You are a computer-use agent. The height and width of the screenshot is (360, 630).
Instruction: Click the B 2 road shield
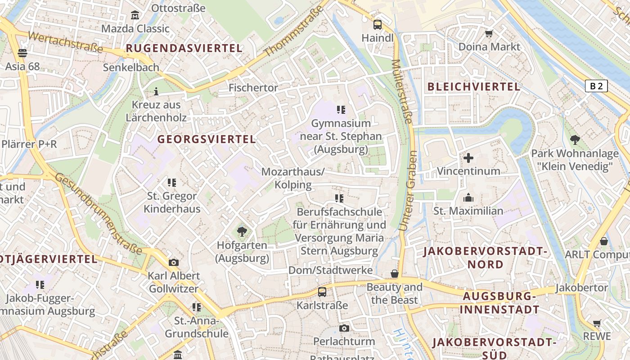[596, 86]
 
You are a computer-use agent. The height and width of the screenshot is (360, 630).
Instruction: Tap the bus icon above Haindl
[378, 25]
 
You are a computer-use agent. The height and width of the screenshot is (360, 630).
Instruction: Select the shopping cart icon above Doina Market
[489, 33]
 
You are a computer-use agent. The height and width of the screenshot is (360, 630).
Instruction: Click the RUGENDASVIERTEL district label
[184, 48]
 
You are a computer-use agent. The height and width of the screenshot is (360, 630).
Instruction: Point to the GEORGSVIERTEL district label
[207, 139]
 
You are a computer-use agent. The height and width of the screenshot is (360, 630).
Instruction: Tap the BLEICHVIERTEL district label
[474, 87]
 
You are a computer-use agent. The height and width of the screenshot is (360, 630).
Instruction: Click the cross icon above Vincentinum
[468, 158]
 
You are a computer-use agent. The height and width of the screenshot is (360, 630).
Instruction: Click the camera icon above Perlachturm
[344, 328]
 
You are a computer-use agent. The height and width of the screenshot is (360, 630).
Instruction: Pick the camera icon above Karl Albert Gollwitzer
[174, 262]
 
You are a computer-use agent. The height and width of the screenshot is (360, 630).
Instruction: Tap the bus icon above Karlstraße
[322, 292]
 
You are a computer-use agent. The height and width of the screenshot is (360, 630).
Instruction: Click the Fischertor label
[253, 88]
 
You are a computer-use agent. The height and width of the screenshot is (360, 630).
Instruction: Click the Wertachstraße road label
[65, 42]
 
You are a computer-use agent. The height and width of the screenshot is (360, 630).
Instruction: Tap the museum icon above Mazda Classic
[135, 16]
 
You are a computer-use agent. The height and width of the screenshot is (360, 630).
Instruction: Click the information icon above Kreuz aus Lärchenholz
[156, 92]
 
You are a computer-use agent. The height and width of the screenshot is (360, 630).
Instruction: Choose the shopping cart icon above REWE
[597, 323]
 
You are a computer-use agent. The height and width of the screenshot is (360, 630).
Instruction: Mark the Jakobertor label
[581, 288]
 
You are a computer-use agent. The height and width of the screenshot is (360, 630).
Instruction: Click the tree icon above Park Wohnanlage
[575, 140]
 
